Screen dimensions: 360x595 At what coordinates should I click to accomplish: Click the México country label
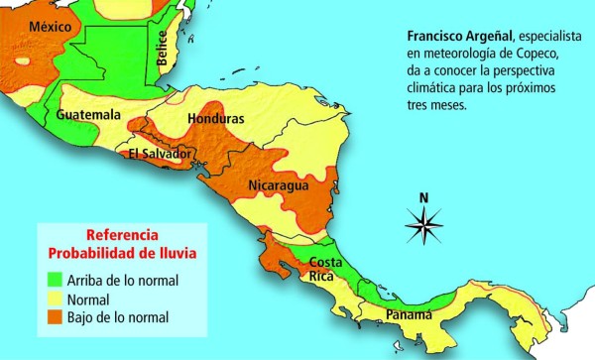[x=51, y=27]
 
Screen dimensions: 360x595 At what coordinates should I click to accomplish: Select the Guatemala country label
[x=88, y=115]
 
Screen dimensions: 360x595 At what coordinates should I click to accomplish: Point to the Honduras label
[x=215, y=119]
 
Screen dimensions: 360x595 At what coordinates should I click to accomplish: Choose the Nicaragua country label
[x=279, y=185]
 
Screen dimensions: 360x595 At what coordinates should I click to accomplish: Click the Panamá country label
[x=409, y=314]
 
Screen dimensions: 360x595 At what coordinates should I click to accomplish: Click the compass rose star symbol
[x=423, y=226]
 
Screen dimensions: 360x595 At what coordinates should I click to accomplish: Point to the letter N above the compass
[x=423, y=196]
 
